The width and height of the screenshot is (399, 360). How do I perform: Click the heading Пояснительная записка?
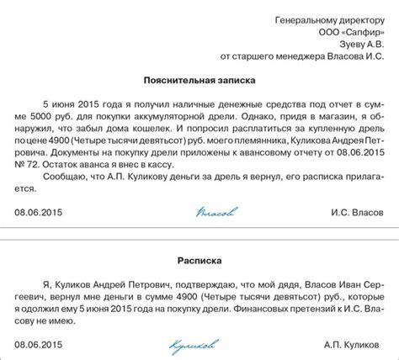(x=199, y=78)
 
